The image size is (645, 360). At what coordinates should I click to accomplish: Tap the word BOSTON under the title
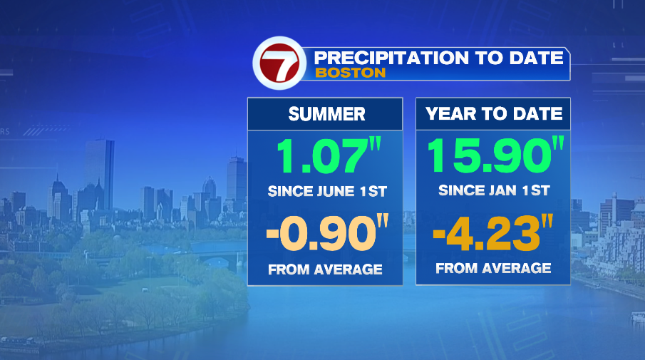pyautogui.click(x=350, y=73)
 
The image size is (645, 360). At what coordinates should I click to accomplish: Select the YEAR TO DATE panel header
pyautogui.click(x=494, y=114)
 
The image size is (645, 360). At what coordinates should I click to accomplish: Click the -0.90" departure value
pyautogui.click(x=326, y=235)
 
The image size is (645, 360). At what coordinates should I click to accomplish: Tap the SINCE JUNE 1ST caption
pyautogui.click(x=325, y=191)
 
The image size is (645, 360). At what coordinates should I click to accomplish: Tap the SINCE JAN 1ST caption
pyautogui.click(x=493, y=190)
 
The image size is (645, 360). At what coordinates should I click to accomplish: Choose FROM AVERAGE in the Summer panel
pyautogui.click(x=325, y=269)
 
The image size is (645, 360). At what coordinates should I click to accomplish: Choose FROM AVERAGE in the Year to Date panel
pyautogui.click(x=493, y=268)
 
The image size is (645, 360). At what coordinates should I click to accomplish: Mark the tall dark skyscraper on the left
pyautogui.click(x=99, y=175)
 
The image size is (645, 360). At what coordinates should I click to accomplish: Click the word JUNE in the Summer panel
pyautogui.click(x=333, y=191)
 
